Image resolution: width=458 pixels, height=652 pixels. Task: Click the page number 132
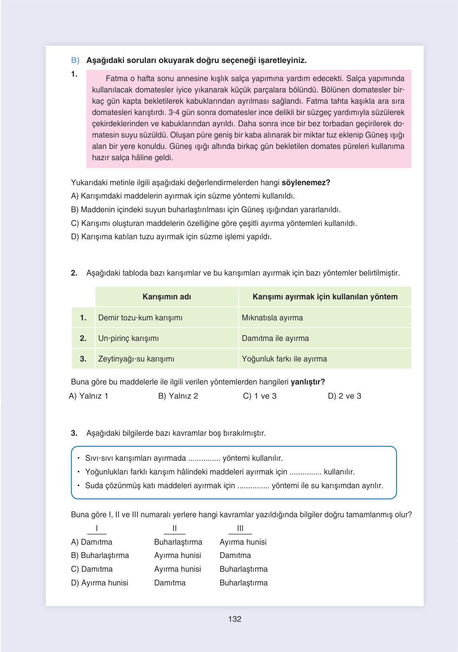(x=235, y=619)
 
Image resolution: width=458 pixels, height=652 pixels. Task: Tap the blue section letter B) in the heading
(x=75, y=60)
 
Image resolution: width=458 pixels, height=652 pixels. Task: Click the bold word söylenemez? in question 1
(x=306, y=182)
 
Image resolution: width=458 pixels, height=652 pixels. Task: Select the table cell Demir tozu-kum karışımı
(x=140, y=318)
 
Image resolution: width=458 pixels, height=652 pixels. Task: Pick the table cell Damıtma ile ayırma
(x=275, y=338)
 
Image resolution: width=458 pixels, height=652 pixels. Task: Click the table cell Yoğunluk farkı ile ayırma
(x=284, y=359)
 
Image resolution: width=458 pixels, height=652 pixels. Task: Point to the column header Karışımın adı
(x=167, y=297)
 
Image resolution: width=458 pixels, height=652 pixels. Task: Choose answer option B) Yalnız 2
(x=178, y=396)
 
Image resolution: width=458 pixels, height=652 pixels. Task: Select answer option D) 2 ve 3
(x=345, y=396)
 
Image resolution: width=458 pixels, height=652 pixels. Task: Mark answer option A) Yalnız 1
(x=88, y=396)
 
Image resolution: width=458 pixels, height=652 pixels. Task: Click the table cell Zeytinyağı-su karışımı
(x=136, y=359)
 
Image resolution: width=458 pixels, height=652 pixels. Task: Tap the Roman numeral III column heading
(x=240, y=528)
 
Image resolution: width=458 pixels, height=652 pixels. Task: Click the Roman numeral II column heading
(x=174, y=528)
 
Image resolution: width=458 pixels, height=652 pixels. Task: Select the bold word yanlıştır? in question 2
(x=308, y=382)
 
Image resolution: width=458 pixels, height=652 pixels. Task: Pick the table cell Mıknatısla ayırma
(x=272, y=318)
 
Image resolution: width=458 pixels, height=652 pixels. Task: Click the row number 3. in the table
(x=83, y=359)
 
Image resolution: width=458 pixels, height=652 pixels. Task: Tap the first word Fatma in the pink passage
(x=117, y=78)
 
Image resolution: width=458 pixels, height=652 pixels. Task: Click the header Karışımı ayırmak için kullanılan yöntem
(x=325, y=297)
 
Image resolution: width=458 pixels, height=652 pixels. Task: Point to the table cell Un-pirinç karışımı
(x=128, y=338)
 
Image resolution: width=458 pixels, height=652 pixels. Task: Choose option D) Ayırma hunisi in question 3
(x=100, y=583)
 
